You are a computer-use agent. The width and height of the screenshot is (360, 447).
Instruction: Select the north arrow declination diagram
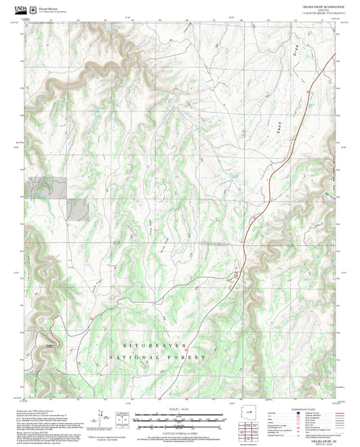[101, 419]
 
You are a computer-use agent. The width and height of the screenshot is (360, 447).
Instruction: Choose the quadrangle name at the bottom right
[320, 441]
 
